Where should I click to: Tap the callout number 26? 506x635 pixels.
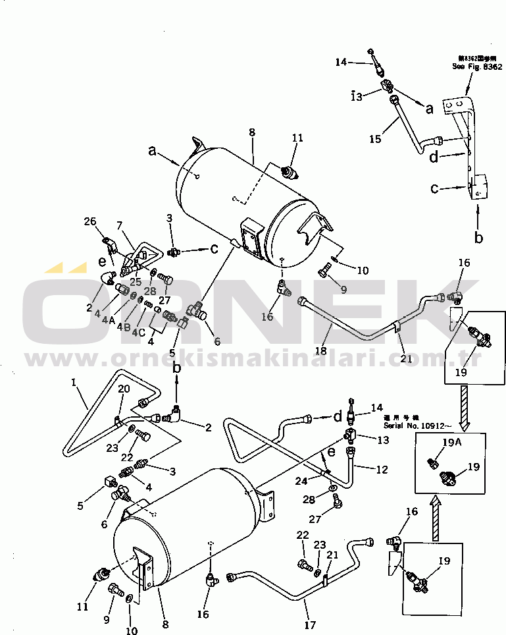pyautogui.click(x=90, y=221)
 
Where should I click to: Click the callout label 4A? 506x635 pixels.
pyautogui.click(x=109, y=320)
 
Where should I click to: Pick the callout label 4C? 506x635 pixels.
pyautogui.click(x=138, y=332)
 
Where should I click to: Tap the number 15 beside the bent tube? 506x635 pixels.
pyautogui.click(x=119, y=226)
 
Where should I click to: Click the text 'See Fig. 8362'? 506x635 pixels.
pyautogui.click(x=476, y=67)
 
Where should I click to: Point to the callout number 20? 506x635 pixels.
pyautogui.click(x=124, y=389)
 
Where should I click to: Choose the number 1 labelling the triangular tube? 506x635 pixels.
pyautogui.click(x=74, y=382)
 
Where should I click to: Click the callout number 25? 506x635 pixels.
pyautogui.click(x=135, y=283)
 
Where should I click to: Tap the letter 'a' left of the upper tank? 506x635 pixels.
pyautogui.click(x=153, y=152)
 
